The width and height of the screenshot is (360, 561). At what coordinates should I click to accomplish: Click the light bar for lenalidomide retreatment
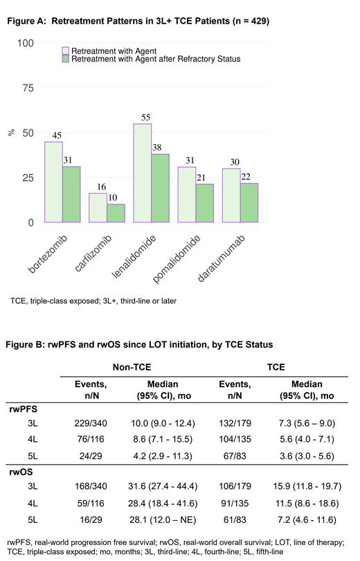point(142,173)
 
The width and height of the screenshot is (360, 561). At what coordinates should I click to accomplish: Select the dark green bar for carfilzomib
point(116,213)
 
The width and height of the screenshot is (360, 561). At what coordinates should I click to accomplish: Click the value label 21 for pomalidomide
point(204,179)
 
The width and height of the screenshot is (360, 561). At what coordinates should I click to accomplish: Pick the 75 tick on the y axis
point(27,88)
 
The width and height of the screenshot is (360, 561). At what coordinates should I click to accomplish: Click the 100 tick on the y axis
point(25,43)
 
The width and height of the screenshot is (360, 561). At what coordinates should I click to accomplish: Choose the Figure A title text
point(138,21)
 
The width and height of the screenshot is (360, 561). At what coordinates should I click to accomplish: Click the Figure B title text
point(139,344)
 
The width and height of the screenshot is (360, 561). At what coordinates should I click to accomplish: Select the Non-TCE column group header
point(134,368)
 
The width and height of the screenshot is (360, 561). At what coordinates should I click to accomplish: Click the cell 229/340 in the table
point(91,422)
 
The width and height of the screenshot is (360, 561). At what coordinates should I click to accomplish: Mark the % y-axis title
point(11,132)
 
